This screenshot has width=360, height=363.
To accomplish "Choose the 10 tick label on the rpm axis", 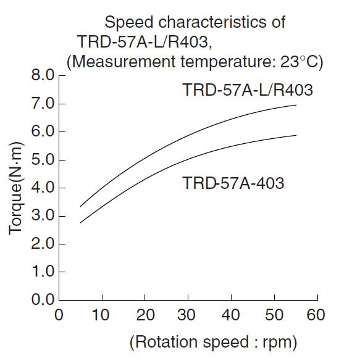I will click(x=101, y=315).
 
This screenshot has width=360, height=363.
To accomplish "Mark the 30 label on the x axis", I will click(x=188, y=315).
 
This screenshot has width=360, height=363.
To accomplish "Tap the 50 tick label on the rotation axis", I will click(x=274, y=315).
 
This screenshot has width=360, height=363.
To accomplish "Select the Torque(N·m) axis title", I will click(x=16, y=188).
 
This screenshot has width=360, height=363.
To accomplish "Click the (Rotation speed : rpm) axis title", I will click(x=214, y=341).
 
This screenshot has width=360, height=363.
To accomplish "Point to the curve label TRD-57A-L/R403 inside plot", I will click(x=248, y=90).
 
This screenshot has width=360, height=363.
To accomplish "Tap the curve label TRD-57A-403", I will click(x=234, y=183).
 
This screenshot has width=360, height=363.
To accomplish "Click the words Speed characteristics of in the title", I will click(x=195, y=23).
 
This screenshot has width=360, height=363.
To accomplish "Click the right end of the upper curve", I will click(x=296, y=105).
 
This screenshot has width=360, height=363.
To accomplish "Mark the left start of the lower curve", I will click(x=80, y=222).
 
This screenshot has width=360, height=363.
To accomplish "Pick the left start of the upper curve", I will click(x=80, y=206).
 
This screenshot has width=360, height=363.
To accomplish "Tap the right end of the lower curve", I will click(x=296, y=135).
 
